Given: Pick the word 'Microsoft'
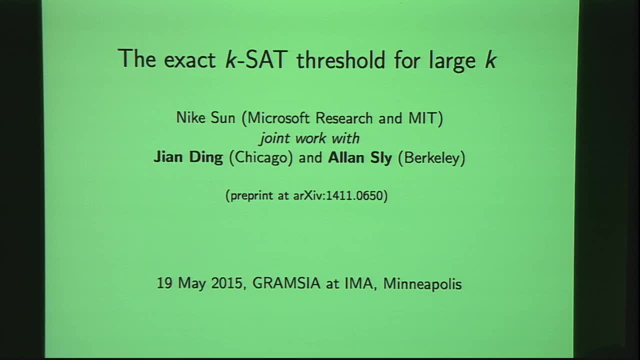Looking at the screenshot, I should [280, 118].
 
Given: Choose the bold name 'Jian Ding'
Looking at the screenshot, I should [188, 158].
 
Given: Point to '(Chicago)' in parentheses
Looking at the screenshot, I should [260, 158].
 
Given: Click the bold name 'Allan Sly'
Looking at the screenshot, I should [360, 158].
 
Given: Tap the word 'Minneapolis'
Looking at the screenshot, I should [422, 283].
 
